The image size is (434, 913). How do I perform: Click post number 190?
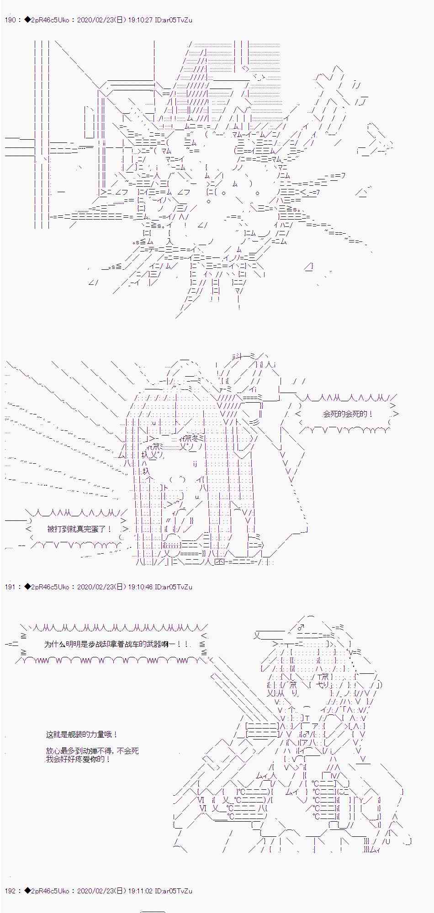coord(10,20)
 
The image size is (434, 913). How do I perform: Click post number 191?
coord(10,587)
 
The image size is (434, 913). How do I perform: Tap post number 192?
coord(10,890)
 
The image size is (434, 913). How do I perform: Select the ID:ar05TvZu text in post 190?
coord(175,20)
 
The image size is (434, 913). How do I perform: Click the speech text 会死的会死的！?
coord(348,414)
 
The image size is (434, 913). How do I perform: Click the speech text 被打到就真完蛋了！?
coord(79,529)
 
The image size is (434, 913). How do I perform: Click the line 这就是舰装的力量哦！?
coord(82,735)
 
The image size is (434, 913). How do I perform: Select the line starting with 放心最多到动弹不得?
coord(92,750)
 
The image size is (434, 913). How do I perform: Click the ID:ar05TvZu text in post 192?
coord(175,890)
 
